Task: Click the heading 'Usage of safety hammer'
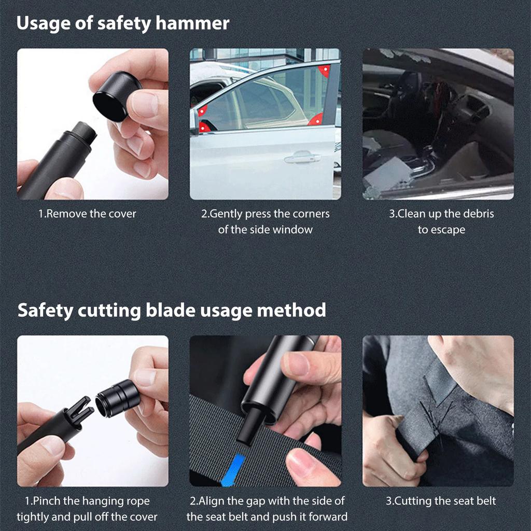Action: (123, 23)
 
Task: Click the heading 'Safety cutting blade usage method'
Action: (172, 310)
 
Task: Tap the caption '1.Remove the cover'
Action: (87, 214)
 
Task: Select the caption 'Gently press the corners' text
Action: (265, 214)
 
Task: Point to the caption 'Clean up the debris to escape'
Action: (441, 221)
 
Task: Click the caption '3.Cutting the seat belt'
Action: (440, 501)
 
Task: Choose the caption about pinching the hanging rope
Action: (87, 509)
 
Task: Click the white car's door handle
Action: (302, 158)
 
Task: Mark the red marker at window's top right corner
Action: (325, 71)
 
